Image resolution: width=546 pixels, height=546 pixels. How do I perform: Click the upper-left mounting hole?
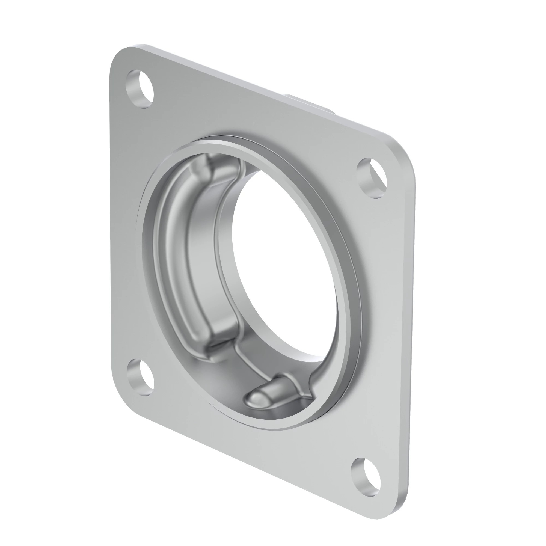tap(140, 89)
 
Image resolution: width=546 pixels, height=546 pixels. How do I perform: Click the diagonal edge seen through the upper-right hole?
tap(379, 174)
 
